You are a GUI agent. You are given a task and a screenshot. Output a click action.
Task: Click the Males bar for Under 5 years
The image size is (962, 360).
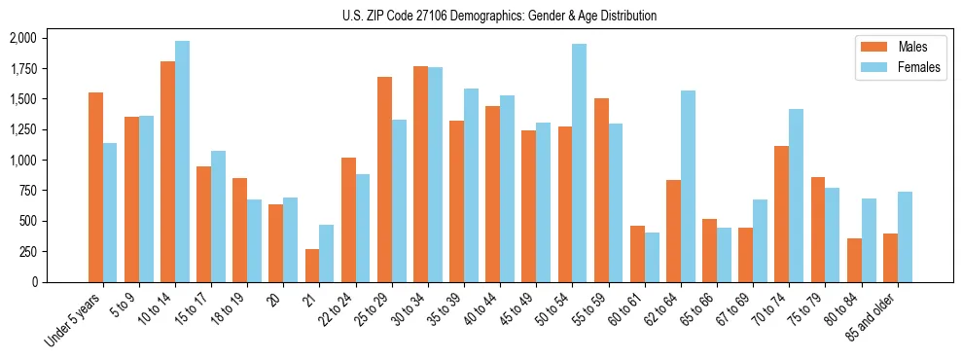click(95, 187)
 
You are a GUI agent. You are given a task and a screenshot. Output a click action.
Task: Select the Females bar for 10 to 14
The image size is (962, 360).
click(182, 162)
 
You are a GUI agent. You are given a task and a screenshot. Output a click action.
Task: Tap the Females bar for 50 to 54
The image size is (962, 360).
click(579, 162)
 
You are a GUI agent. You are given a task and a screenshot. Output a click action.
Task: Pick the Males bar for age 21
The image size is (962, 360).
click(312, 266)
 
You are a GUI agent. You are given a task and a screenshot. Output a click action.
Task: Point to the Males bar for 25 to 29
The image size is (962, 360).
click(384, 179)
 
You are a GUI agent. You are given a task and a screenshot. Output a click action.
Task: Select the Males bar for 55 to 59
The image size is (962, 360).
click(601, 190)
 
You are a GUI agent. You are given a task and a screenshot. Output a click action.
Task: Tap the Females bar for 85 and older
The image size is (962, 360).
click(905, 236)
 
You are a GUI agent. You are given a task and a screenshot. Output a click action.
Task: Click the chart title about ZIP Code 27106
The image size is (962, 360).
click(499, 16)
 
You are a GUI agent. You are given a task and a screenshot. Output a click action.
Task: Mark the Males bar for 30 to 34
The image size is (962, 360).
click(420, 174)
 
